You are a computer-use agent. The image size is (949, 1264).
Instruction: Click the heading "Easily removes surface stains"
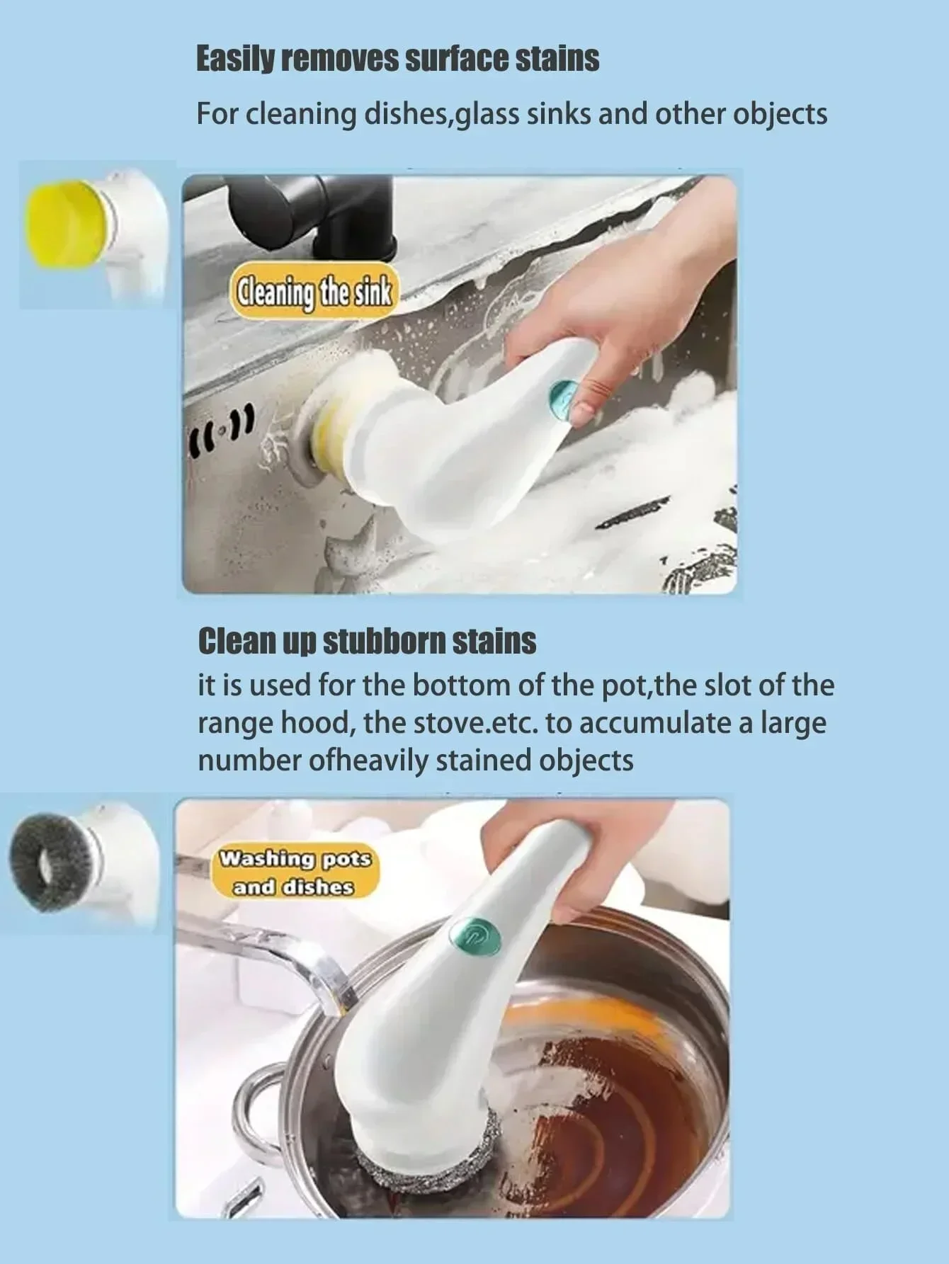[397, 59]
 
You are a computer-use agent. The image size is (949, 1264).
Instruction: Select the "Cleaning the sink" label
[314, 292]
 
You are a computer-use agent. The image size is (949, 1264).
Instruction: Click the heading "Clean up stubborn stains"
[366, 642]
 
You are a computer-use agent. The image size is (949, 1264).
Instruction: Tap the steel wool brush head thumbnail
[50, 860]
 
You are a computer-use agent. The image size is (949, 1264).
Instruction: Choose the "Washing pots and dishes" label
[295, 872]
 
